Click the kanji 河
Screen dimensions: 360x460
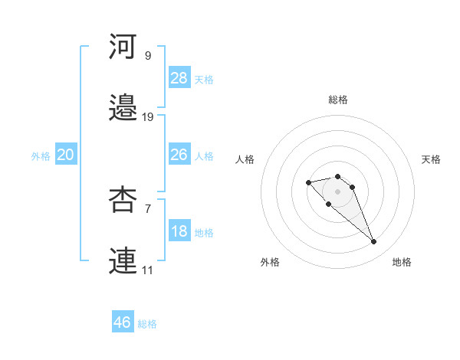pos(123,47)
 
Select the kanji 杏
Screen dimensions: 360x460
pos(123,199)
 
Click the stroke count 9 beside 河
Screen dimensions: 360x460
pos(148,56)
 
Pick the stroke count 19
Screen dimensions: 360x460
pos(148,116)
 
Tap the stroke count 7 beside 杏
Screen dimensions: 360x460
pos(148,208)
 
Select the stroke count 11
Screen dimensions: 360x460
pos(148,270)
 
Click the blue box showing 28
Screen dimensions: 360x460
pos(179,78)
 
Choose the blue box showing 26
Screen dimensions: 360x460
pos(179,155)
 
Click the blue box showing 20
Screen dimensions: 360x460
pos(66,155)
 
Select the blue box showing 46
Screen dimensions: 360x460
pos(123,322)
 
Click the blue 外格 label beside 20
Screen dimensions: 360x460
pos(41,155)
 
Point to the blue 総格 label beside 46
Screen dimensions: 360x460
pos(147,324)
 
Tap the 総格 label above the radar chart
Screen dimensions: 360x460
pos(338,100)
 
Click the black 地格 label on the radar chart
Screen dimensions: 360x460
pos(402,262)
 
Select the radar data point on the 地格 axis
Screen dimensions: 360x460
pos(373,242)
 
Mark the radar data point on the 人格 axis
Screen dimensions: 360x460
pos(308,182)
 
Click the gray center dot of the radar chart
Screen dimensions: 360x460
pos(337,191)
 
